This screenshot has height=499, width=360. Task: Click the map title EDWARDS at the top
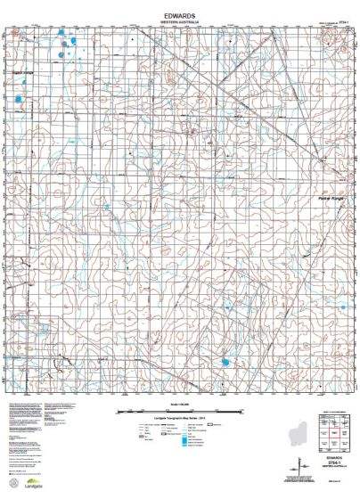coord(179,15)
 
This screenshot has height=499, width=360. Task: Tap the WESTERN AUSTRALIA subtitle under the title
coord(179,22)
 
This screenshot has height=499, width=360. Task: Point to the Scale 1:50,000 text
coord(179,405)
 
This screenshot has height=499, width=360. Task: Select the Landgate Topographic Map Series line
coord(179,421)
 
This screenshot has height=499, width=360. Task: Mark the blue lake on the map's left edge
coord(19,98)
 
